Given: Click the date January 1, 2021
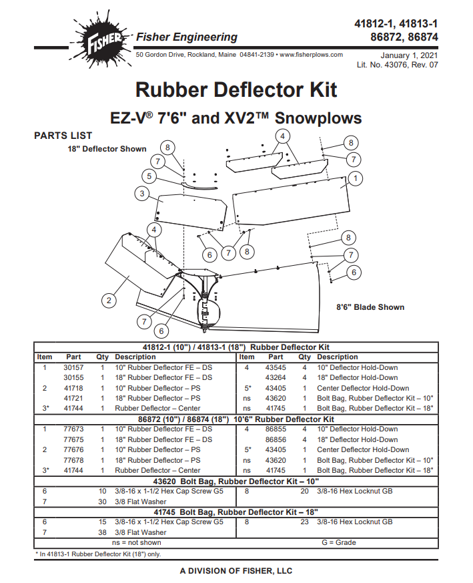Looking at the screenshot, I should click(409, 55).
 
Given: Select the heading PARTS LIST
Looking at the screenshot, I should click(63, 136).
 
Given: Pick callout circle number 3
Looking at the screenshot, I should click(141, 194).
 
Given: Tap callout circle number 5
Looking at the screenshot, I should click(149, 177).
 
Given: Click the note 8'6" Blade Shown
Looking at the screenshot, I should click(370, 307).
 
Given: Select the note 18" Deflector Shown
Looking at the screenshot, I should click(107, 149).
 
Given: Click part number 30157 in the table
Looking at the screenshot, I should click(73, 367).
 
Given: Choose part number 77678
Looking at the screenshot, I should click(73, 460).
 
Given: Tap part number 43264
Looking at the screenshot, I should click(276, 377).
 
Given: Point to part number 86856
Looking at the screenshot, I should click(276, 439).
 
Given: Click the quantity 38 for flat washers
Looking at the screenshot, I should click(103, 532).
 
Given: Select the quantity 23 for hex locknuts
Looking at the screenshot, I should click(304, 522).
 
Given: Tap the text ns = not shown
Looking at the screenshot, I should click(137, 543).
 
